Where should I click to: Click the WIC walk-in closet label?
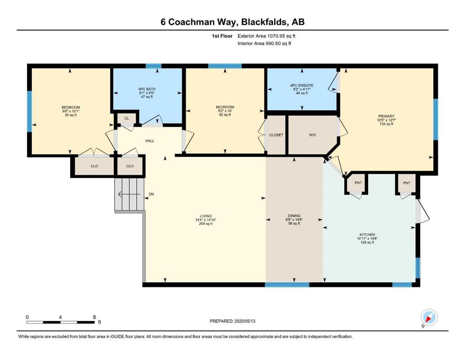click(312, 135)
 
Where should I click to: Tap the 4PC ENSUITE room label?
click(302, 85)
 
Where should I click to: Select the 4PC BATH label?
click(147, 89)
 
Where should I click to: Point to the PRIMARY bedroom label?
click(386, 116)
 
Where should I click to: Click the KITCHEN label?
click(367, 235)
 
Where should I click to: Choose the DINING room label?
click(294, 216)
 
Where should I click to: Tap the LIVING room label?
click(206, 217)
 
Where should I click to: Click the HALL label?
click(150, 141)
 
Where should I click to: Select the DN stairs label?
click(151, 194)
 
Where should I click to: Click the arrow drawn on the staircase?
click(129, 195)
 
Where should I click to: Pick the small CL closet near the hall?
click(126, 119)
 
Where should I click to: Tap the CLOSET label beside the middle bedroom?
click(276, 135)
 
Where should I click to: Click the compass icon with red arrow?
click(429, 317)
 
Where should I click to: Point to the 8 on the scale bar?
click(95, 317)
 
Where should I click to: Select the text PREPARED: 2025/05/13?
click(232, 321)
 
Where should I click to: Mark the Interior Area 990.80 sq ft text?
click(264, 43)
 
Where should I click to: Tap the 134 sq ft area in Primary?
click(386, 124)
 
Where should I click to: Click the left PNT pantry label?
click(358, 183)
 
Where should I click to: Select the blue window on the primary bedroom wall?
click(435, 119)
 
